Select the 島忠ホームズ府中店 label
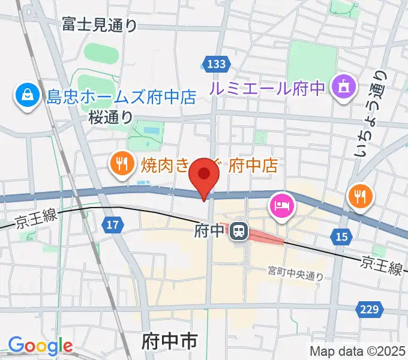click(122, 96)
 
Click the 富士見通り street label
click(100, 25)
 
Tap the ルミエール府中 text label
click(266, 88)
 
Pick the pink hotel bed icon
click(281, 206)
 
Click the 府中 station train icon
click(241, 230)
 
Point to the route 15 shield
click(341, 238)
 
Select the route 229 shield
click(370, 309)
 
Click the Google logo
click(40, 346)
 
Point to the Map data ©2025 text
click(358, 351)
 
